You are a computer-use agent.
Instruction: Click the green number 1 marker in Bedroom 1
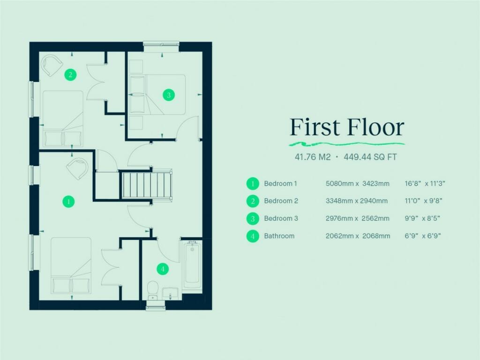coord(69,202)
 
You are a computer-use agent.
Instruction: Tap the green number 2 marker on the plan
coord(70,74)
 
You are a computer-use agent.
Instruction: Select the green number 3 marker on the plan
coord(168,95)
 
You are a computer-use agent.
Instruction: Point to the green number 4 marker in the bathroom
coord(163,269)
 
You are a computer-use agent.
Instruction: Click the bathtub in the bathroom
coord(191,265)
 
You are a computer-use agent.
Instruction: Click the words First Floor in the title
coord(347,127)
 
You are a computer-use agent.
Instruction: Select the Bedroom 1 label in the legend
coord(280,183)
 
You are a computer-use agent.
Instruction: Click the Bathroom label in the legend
coord(279,236)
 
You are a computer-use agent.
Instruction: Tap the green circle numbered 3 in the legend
coord(253,218)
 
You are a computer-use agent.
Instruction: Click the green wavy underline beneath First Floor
coord(347,142)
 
